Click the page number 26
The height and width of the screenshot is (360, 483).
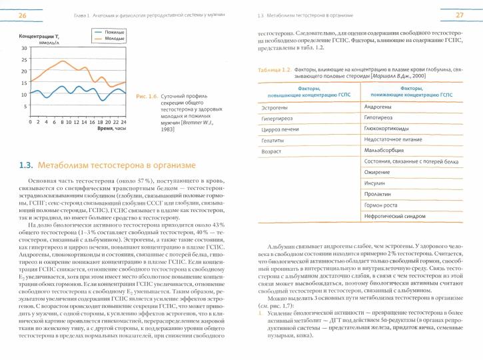point(23,15)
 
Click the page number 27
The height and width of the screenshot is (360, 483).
point(460,15)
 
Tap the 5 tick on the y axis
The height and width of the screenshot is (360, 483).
point(25,105)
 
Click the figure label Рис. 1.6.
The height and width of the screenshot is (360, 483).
point(146,96)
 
